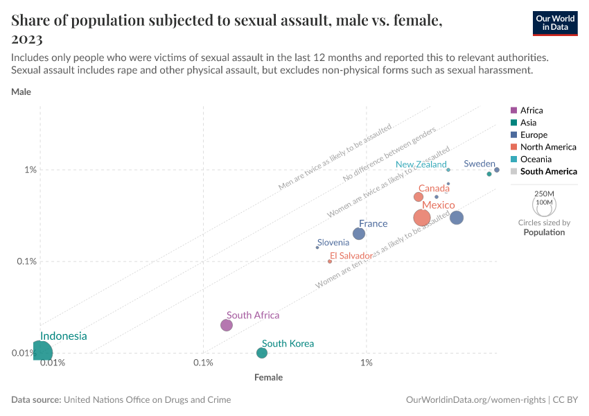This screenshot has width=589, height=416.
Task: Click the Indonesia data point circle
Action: tap(40, 352)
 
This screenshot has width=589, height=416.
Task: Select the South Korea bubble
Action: tap(262, 353)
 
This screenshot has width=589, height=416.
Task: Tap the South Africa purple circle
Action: tap(227, 325)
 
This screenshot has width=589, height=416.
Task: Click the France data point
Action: tap(359, 234)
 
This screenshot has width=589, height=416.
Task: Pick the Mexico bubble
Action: tap(422, 218)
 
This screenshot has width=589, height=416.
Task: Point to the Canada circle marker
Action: tap(419, 197)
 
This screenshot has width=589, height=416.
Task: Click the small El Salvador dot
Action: tap(330, 261)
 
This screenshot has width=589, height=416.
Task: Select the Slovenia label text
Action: tap(333, 243)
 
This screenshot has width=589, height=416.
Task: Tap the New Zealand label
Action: tap(421, 165)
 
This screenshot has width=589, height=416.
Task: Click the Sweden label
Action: tap(480, 164)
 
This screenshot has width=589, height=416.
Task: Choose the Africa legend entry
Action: tap(531, 110)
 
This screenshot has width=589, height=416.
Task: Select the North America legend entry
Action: tap(548, 147)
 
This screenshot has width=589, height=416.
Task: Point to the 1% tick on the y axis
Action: tap(30, 170)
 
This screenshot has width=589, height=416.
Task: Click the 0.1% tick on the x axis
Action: tap(203, 363)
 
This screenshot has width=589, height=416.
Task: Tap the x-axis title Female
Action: tap(268, 378)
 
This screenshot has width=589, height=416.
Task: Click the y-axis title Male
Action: tap(21, 92)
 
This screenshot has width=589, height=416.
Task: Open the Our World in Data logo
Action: tap(554, 23)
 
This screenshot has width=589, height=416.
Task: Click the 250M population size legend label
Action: tap(545, 193)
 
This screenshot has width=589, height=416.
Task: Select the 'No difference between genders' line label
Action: tap(389, 156)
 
